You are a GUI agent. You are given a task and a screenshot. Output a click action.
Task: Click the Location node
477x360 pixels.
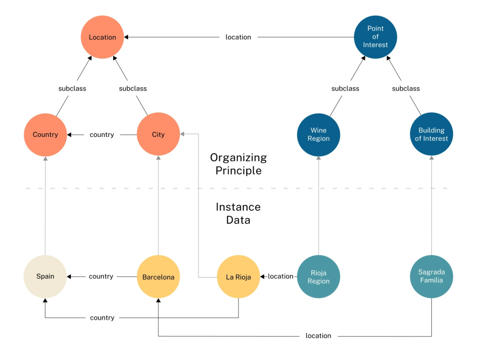click(102, 37)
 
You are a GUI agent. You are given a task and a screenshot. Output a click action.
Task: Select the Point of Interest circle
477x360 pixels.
click(375, 37)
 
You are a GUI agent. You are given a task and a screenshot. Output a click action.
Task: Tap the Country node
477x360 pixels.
click(45, 135)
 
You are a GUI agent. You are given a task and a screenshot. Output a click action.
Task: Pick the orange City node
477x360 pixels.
click(158, 135)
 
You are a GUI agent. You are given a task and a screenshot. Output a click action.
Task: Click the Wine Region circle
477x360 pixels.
click(319, 135)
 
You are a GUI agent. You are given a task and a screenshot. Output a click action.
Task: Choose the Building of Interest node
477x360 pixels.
click(431, 135)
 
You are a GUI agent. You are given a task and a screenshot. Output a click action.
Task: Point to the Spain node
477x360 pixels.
click(45, 276)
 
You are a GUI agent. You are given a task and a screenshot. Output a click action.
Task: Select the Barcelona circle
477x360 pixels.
click(158, 277)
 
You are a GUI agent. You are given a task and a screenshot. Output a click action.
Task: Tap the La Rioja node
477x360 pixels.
click(238, 277)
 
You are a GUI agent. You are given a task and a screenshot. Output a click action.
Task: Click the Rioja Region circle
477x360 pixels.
click(319, 277)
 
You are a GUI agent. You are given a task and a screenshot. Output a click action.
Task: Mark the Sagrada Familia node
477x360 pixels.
click(431, 276)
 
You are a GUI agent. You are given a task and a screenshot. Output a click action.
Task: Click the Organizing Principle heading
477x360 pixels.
click(238, 164)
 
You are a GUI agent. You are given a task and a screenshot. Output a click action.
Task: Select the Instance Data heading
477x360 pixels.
click(238, 213)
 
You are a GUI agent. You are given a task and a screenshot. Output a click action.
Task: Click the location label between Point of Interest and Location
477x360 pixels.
click(238, 37)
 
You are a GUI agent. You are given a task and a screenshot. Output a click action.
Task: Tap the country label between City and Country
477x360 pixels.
click(102, 135)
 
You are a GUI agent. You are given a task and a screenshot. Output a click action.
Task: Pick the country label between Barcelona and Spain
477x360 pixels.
click(101, 276)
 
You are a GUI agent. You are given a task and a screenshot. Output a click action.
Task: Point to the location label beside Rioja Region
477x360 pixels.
click(280, 276)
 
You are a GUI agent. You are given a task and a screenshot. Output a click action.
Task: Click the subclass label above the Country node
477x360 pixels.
click(72, 88)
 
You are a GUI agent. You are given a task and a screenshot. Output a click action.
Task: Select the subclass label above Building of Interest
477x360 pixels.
click(406, 88)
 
